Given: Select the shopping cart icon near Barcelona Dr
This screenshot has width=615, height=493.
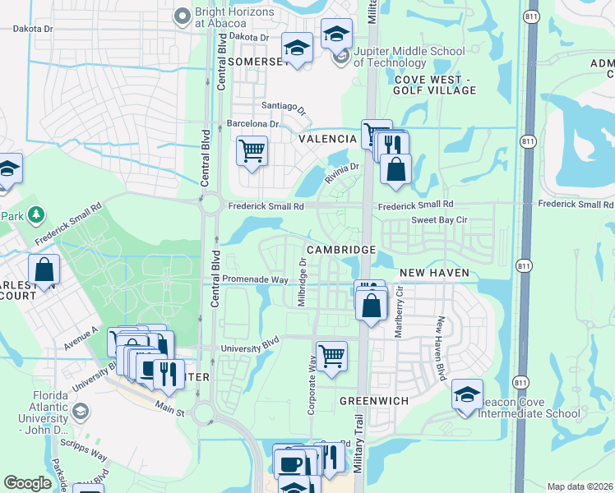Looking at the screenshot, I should [x=252, y=151].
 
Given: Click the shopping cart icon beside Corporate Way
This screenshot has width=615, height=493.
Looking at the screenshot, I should [x=331, y=357].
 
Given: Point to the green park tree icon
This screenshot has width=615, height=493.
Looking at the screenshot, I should [x=35, y=215].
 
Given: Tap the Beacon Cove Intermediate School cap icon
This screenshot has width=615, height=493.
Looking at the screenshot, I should [x=467, y=395].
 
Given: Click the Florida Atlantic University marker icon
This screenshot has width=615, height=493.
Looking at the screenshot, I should [x=81, y=411].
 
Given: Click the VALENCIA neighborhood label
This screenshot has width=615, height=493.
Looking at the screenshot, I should [x=326, y=139].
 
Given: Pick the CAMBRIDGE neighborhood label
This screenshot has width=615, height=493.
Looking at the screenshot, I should [x=341, y=249].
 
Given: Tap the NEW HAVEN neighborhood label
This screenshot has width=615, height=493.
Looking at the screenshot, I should [x=434, y=272].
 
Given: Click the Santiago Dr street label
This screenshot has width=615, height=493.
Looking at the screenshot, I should [x=284, y=107].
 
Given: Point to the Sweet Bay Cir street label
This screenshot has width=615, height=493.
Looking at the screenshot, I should [x=439, y=220].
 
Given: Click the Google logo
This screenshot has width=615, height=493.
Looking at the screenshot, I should [x=28, y=483].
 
